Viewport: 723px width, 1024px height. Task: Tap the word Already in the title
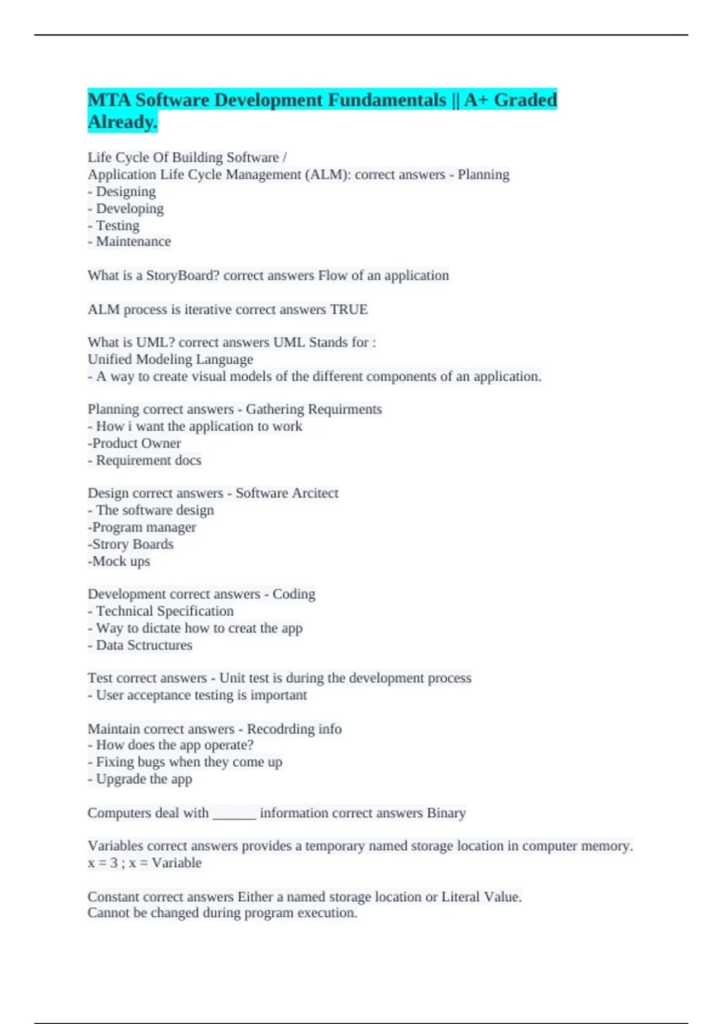(122, 122)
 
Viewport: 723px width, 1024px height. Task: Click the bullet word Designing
(125, 192)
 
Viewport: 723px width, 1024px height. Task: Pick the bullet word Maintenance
(133, 242)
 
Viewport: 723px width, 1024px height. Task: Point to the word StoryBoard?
(183, 276)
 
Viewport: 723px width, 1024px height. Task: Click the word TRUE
(349, 310)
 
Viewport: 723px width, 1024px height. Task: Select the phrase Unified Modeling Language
(171, 360)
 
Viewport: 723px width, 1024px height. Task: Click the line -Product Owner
(134, 443)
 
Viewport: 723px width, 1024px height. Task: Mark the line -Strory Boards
(131, 545)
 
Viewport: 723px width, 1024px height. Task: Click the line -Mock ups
(119, 561)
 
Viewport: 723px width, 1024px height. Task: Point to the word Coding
(293, 595)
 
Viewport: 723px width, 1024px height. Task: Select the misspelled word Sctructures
(160, 645)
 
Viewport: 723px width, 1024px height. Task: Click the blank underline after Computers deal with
(234, 814)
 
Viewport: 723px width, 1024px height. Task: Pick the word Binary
(446, 813)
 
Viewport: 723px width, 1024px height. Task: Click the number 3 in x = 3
(114, 863)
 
